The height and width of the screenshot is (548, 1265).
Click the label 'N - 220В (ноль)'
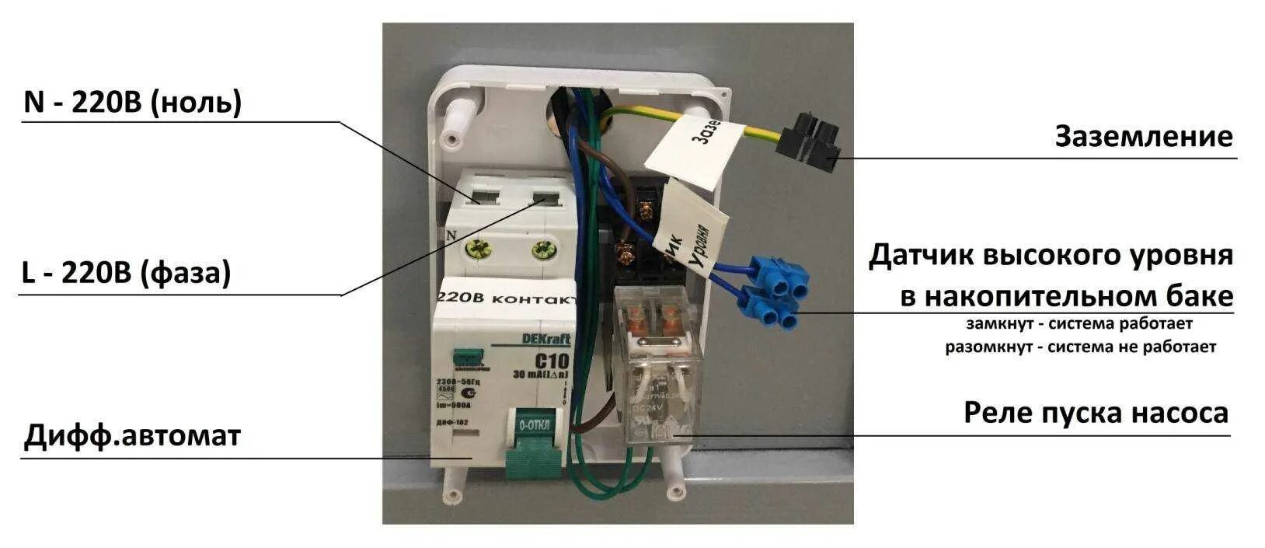pyautogui.click(x=133, y=103)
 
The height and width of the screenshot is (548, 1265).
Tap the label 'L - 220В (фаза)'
pyautogui.click(x=127, y=274)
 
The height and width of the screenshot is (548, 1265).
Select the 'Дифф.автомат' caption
pyautogui.click(x=132, y=435)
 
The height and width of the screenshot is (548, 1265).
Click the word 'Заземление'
pyautogui.click(x=1143, y=136)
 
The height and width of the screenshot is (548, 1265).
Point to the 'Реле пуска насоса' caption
pyautogui.click(x=1096, y=412)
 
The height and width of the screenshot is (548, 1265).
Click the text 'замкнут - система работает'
pyautogui.click(x=1079, y=323)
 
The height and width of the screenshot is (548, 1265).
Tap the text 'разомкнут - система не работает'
pyautogui.click(x=1080, y=347)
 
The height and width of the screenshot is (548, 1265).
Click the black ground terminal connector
pyautogui.click(x=813, y=141)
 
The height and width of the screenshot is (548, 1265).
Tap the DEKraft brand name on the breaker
pyautogui.click(x=545, y=340)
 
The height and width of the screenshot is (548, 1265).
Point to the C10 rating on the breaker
pyautogui.click(x=551, y=361)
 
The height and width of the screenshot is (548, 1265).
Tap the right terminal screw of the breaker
pyautogui.click(x=542, y=250)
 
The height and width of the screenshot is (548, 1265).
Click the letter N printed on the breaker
pyautogui.click(x=450, y=234)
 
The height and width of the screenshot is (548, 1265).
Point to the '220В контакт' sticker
pyautogui.click(x=507, y=298)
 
